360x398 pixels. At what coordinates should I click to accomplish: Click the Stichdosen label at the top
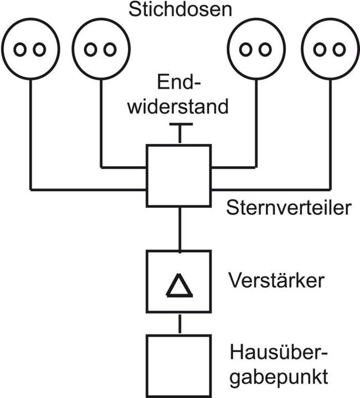point(180,11)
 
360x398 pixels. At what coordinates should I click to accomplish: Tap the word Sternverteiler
point(289,209)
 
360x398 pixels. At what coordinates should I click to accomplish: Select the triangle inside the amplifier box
point(179,287)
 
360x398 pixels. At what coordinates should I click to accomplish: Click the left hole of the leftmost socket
point(20,49)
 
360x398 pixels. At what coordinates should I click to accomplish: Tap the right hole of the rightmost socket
point(339,49)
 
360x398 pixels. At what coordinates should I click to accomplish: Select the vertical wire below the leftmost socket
point(30,133)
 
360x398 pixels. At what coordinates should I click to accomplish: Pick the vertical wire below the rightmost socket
point(330,133)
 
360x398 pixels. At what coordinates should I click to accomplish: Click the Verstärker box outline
point(148,282)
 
